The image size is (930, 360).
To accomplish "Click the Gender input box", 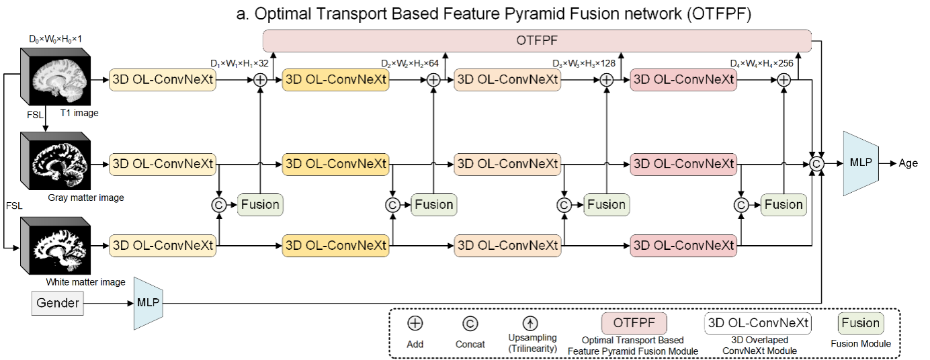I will [58, 304].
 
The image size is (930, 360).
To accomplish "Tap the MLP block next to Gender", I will [147, 303].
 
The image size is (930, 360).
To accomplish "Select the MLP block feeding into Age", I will [861, 163].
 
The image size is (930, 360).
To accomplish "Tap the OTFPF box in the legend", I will [634, 323].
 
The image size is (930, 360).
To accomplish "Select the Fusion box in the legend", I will [860, 323].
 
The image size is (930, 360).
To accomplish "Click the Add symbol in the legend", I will [415, 324].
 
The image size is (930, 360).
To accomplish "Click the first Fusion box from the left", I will [260, 205].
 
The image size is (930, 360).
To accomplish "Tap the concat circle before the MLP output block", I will [817, 163].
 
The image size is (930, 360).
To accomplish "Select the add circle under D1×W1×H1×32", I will [261, 80].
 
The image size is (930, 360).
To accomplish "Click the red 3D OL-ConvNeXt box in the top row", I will [683, 80].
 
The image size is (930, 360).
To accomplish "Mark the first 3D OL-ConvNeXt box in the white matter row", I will [163, 246].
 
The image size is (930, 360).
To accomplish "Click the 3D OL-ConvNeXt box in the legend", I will [758, 323].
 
